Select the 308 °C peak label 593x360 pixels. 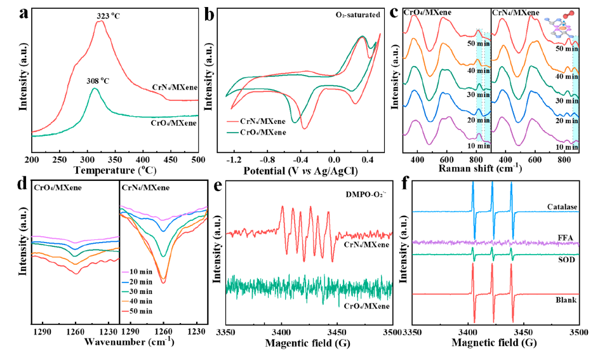(101, 81)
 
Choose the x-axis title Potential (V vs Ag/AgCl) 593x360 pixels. (300, 170)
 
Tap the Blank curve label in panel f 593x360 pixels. (565, 299)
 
